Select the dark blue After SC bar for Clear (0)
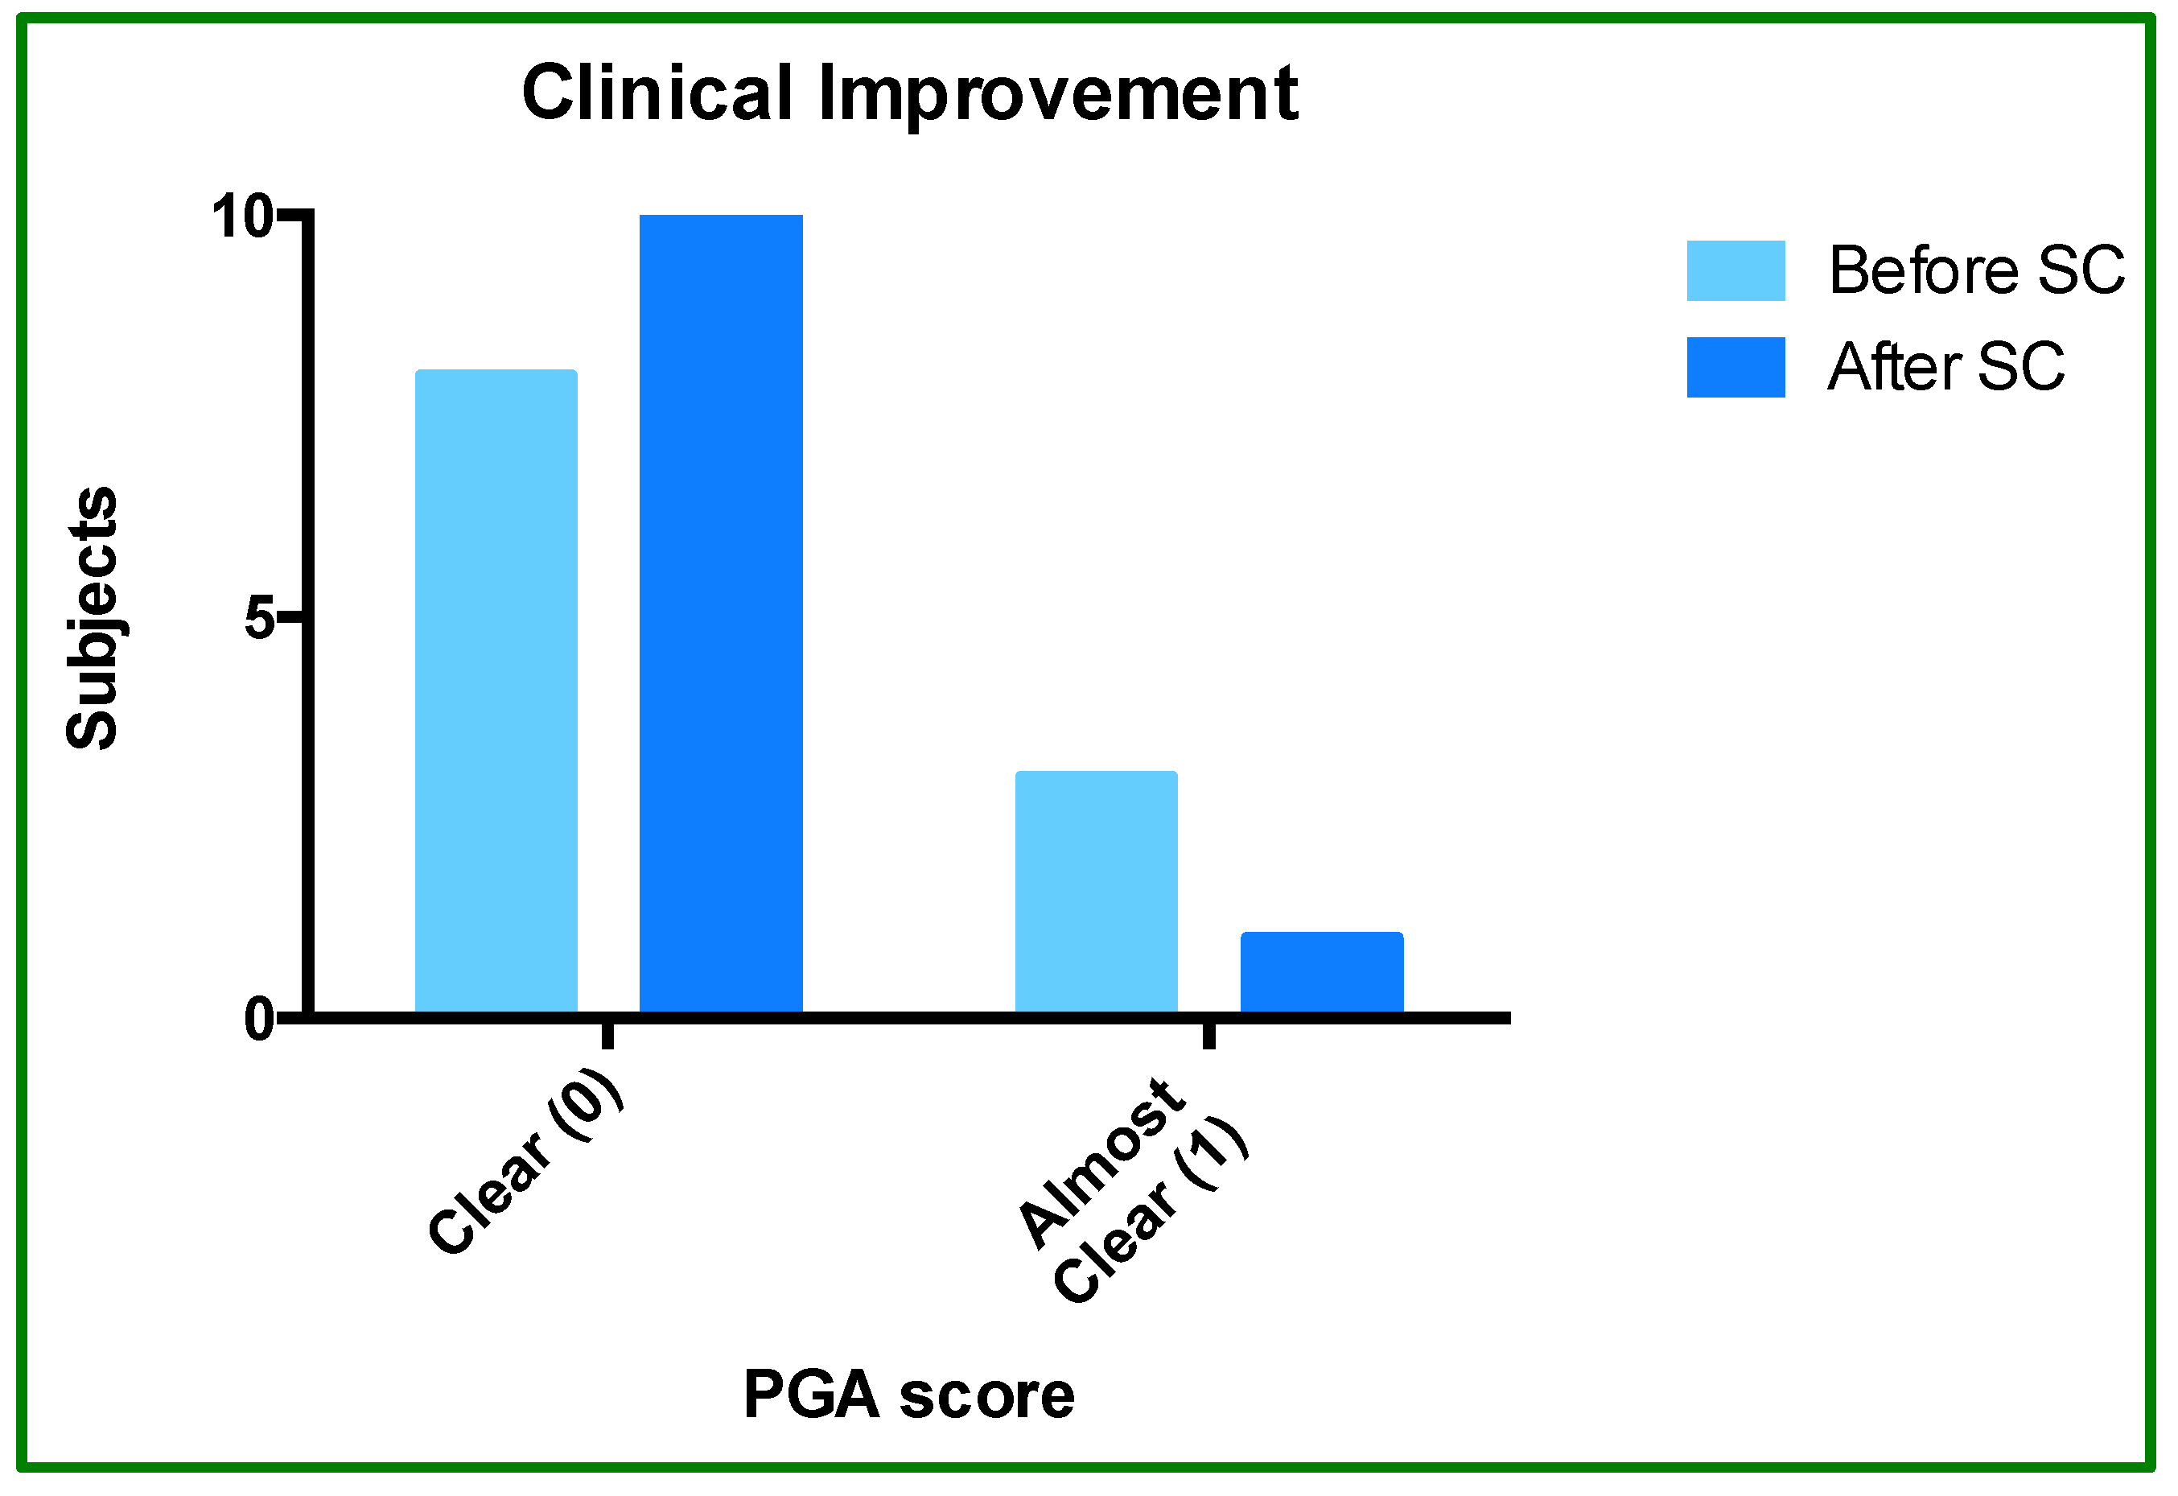pos(721,614)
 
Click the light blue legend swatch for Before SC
pos(1735,271)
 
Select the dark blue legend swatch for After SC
pos(1735,368)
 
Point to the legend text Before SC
pos(1975,271)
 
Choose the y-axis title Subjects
pos(93,619)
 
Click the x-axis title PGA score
pos(908,1395)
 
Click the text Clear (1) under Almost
pos(1151,1211)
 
